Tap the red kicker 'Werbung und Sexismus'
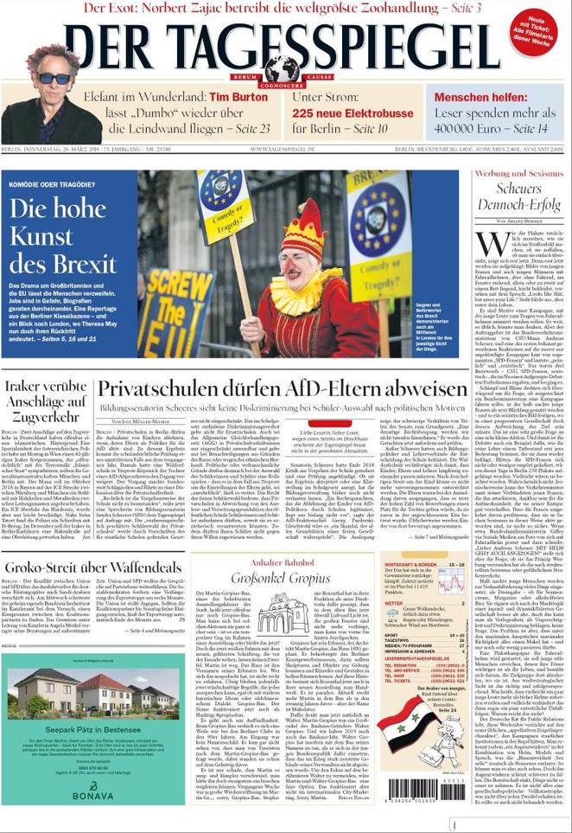517,174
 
